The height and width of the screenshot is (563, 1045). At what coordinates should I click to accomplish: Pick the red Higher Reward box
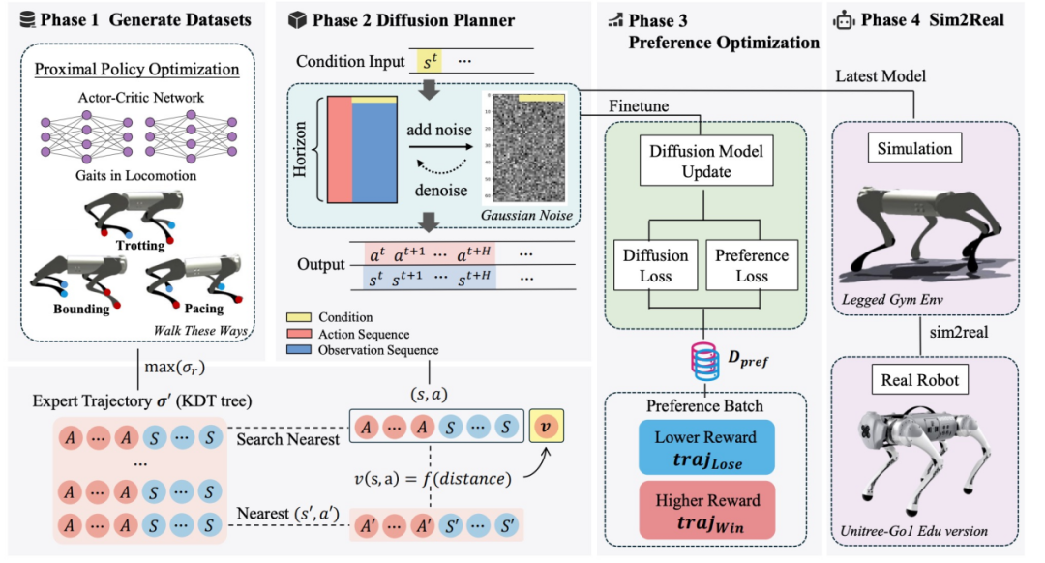pyautogui.click(x=706, y=510)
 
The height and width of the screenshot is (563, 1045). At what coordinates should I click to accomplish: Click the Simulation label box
pyautogui.click(x=915, y=148)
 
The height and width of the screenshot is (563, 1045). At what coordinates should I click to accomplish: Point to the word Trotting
pyautogui.click(x=140, y=246)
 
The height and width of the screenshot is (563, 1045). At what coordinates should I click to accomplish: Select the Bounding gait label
pyautogui.click(x=81, y=310)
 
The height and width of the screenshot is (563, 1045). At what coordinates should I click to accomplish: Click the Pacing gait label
pyautogui.click(x=203, y=310)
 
